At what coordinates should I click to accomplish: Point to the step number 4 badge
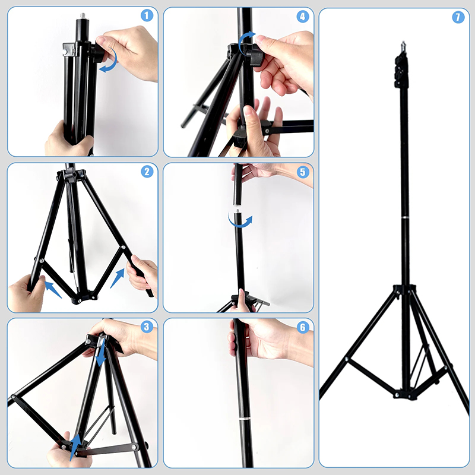[303, 16]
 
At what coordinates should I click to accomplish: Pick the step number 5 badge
[303, 172]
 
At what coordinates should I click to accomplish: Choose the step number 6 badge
[303, 327]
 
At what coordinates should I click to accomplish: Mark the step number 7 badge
[458, 17]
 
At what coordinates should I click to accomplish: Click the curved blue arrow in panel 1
[109, 61]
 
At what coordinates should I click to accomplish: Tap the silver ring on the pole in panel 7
[405, 218]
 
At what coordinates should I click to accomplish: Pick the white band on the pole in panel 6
[243, 419]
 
